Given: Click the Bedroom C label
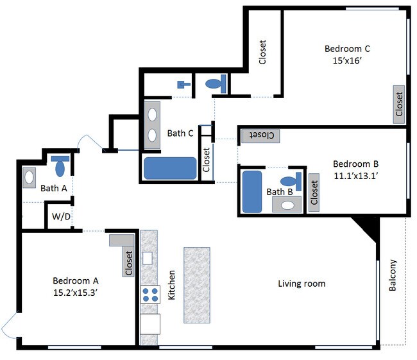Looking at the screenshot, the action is point(347,49).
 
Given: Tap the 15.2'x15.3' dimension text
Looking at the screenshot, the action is point(75,293).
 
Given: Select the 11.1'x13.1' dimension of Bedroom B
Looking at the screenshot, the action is point(356,176).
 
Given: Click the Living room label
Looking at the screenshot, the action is point(302,284).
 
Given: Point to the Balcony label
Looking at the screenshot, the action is point(393,275).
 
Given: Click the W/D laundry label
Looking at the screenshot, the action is point(61,216).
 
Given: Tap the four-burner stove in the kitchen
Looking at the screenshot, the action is point(150,295).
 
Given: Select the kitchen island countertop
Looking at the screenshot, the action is point(197,285).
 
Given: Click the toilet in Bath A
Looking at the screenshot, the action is point(60,166).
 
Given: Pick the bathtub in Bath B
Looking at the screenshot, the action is point(252,192).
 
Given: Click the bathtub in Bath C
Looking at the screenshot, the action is point(170,168).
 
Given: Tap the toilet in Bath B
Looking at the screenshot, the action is point(291,182).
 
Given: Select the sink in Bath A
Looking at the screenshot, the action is point(29,178).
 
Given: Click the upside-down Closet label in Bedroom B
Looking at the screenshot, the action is point(261,135).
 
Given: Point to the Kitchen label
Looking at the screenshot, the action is point(172,285).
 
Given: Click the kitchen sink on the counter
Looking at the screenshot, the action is point(148,258).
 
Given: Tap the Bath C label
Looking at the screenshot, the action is point(180,133).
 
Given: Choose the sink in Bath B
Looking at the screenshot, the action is point(287,205).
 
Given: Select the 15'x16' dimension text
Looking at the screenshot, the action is point(347,61).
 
